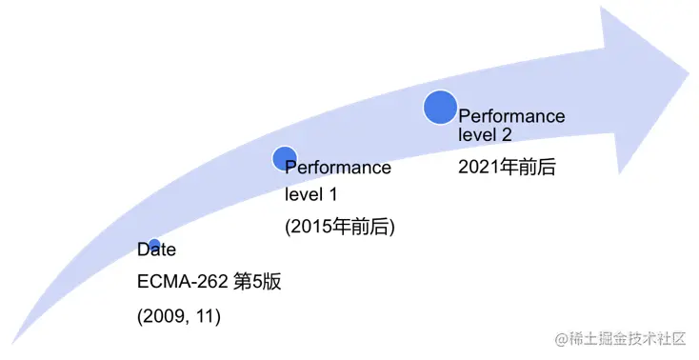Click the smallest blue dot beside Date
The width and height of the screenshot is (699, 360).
153,246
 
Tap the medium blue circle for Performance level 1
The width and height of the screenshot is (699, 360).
285,159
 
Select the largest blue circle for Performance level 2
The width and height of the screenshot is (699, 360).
440,107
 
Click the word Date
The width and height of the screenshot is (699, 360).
157,250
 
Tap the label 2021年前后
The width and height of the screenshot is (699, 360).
507,167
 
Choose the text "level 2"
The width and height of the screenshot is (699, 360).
486,136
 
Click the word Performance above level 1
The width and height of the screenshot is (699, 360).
339,169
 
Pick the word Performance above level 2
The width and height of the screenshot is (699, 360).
511,117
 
